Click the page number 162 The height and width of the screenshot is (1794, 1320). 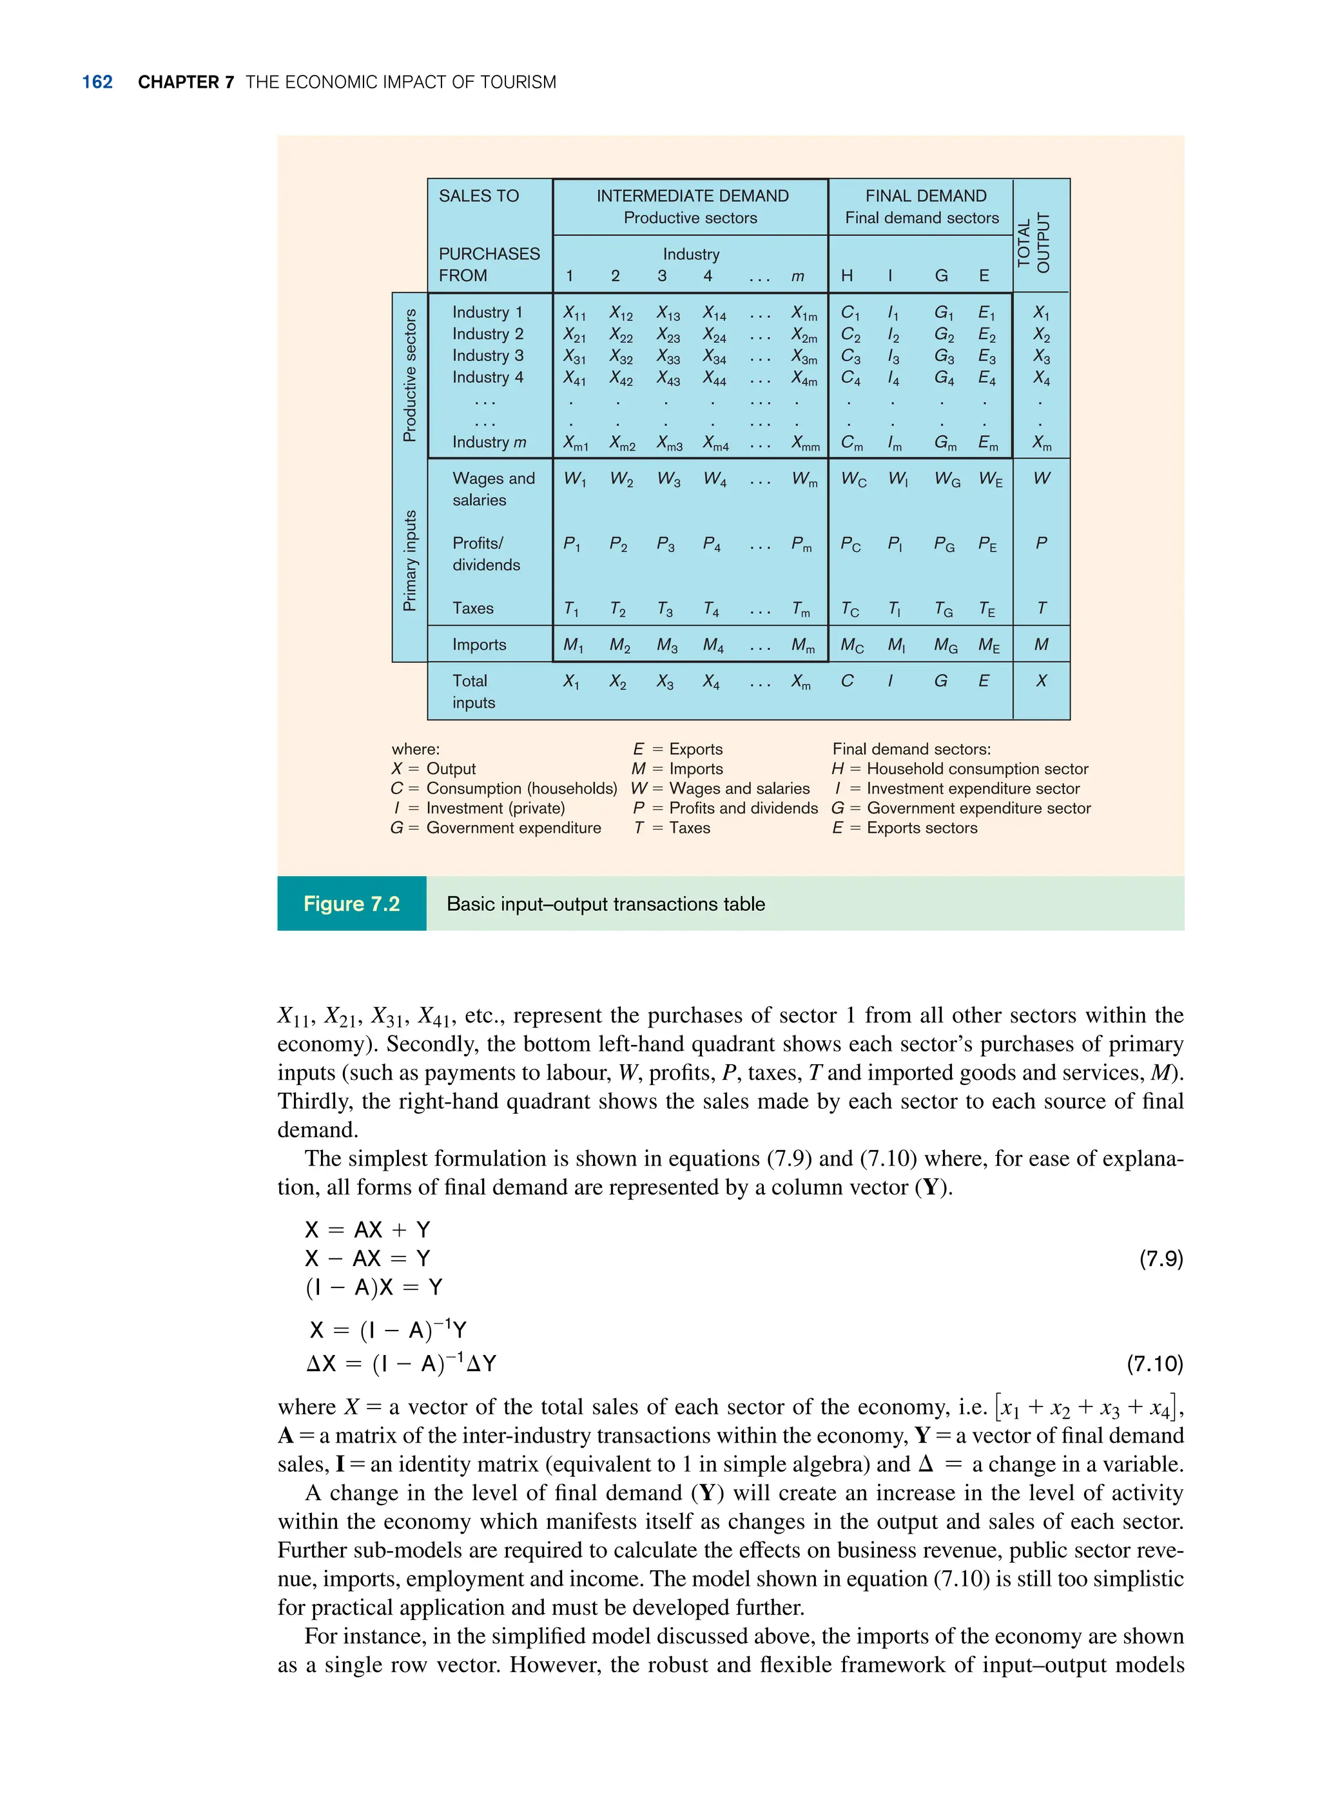(97, 83)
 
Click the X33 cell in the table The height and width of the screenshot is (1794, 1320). (668, 357)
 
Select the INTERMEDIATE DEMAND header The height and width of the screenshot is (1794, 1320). (692, 196)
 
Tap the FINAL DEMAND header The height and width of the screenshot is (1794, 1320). (926, 196)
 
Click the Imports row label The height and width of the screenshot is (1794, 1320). (479, 645)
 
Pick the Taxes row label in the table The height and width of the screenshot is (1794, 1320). (473, 608)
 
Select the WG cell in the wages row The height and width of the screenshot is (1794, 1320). (947, 480)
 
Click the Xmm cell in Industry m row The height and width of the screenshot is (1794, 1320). (804, 443)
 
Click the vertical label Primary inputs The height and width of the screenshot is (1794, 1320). (410, 560)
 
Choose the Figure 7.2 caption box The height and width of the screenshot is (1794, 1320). (351, 904)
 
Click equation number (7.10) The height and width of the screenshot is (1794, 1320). (1154, 1363)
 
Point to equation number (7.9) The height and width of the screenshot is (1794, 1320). (1160, 1258)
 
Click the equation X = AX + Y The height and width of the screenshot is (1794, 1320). (367, 1230)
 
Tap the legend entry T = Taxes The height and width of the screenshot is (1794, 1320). (672, 828)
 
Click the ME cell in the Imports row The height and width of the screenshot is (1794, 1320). (989, 646)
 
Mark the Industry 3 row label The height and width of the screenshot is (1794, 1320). (487, 356)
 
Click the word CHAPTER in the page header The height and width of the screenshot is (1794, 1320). (177, 83)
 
